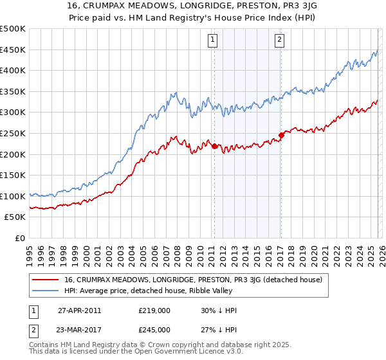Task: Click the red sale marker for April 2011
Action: [x=214, y=146]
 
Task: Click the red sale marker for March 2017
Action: [x=281, y=135]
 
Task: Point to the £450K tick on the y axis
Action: [x=13, y=50]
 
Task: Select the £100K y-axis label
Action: [x=13, y=196]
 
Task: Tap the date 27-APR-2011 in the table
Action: [x=80, y=311]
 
